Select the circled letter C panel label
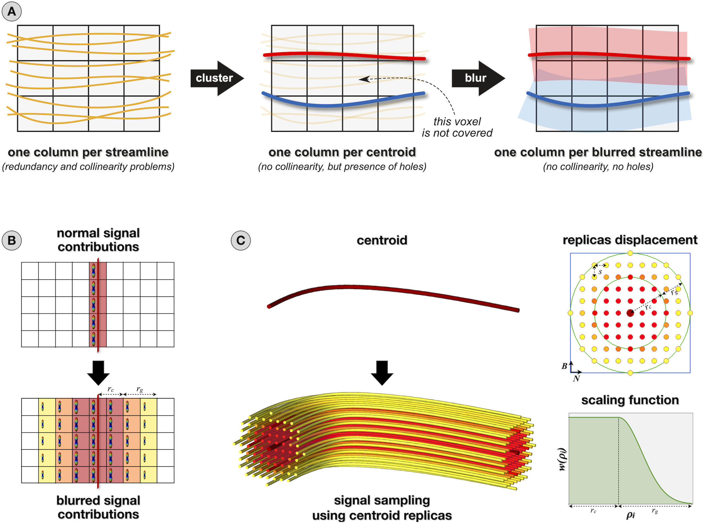(240, 240)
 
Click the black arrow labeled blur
(477, 78)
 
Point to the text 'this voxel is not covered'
(457, 127)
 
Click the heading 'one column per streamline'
(88, 152)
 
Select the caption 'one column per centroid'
(342, 152)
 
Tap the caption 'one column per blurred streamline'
(598, 152)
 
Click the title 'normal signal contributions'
(98, 240)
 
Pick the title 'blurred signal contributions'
(98, 507)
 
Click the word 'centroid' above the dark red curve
(382, 240)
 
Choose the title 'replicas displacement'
(630, 240)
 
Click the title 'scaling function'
(630, 400)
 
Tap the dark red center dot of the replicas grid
(630, 313)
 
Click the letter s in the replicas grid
(600, 272)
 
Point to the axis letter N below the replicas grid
(576, 378)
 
